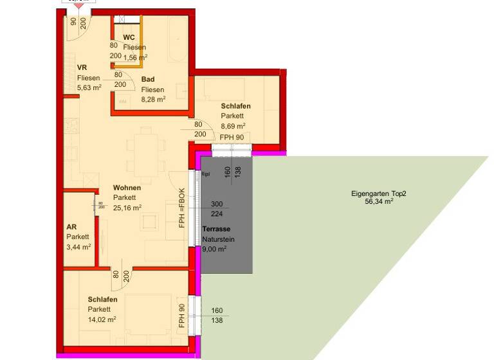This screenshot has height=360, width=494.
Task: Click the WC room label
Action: pos(129,37)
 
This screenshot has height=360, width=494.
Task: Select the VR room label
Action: pos(82,67)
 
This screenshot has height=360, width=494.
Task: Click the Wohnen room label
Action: pos(127,188)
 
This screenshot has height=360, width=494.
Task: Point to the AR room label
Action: pos(71,227)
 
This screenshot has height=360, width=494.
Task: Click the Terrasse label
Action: pos(216,229)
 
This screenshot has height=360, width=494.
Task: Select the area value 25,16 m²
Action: pos(127,207)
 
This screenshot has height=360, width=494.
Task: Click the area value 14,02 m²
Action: pos(102,319)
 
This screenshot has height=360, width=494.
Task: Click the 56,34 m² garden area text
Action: pos(379,201)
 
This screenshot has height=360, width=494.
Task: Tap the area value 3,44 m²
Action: pos(78,246)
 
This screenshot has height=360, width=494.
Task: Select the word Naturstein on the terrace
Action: pos(219,240)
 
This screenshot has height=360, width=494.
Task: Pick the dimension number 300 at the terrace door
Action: pos(217,204)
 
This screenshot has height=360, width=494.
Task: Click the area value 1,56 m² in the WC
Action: pos(136,57)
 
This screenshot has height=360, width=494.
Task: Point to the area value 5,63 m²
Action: pos(89,87)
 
